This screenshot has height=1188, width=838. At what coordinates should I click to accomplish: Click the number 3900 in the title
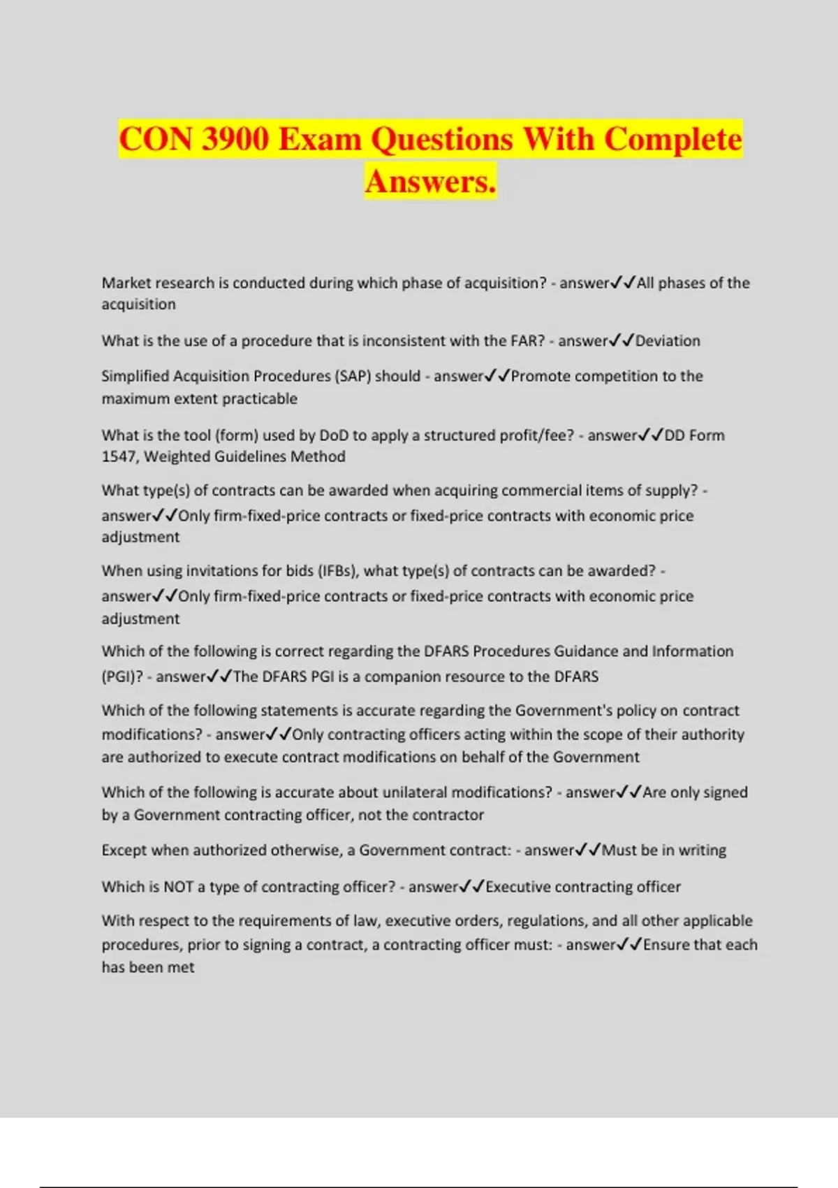(x=235, y=138)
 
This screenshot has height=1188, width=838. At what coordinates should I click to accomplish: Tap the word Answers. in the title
(x=430, y=181)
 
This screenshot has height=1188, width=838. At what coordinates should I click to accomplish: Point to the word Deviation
(x=668, y=341)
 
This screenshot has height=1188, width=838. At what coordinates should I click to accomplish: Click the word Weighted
(x=175, y=456)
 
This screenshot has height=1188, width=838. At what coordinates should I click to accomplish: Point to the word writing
(x=702, y=850)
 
